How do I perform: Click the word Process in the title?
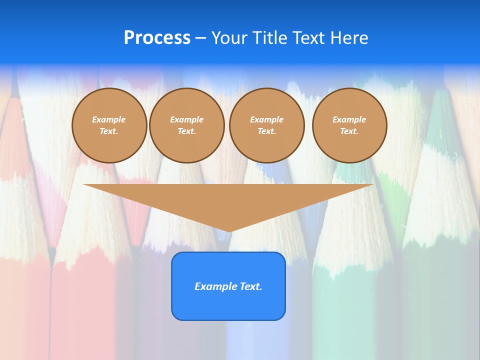(x=157, y=38)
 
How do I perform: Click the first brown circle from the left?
(x=109, y=125)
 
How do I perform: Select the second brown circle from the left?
(x=186, y=125)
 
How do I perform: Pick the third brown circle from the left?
(x=266, y=125)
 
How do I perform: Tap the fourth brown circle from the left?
(x=349, y=125)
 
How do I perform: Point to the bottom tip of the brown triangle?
(x=229, y=231)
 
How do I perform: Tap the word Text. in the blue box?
(x=250, y=286)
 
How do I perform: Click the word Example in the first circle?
(x=109, y=119)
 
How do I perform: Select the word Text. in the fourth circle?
(x=349, y=131)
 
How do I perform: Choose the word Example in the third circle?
(x=266, y=119)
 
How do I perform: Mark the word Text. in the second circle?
(x=186, y=131)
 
